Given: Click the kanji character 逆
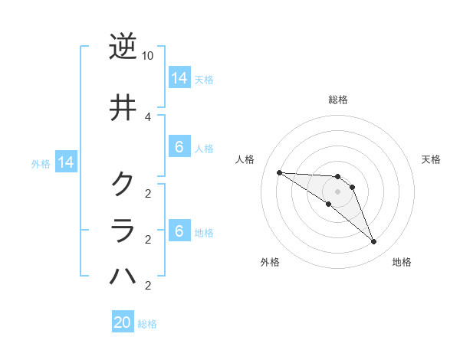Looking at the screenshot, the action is pos(123,47).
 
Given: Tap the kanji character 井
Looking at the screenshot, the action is pos(123,107).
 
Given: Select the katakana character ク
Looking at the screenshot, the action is pos(123,184).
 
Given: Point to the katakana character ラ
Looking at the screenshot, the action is pos(123,230).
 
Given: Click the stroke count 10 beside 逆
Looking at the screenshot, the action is pos(148,56).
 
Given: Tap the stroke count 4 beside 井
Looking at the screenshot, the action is pos(148,116).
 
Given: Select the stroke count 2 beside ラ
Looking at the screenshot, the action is pos(148,240).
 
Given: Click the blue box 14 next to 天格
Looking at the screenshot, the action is pos(179,78).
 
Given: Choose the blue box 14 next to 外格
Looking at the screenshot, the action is pos(66,162).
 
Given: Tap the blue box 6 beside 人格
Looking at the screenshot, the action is pos(179,147).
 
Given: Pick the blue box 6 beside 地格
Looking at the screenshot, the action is pos(179,231).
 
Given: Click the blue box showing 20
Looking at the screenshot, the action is pos(123,322).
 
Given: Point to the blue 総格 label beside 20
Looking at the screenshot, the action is pos(148,324).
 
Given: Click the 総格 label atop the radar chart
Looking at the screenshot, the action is pos(338,100).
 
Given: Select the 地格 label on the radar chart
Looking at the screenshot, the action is pos(402,262).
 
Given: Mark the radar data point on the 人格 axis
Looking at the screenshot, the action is pos(279,172).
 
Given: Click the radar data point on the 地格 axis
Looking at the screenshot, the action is pos(374,242).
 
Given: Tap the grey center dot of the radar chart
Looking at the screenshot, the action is pos(337,191).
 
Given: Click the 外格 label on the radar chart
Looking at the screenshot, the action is pos(270,262).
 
